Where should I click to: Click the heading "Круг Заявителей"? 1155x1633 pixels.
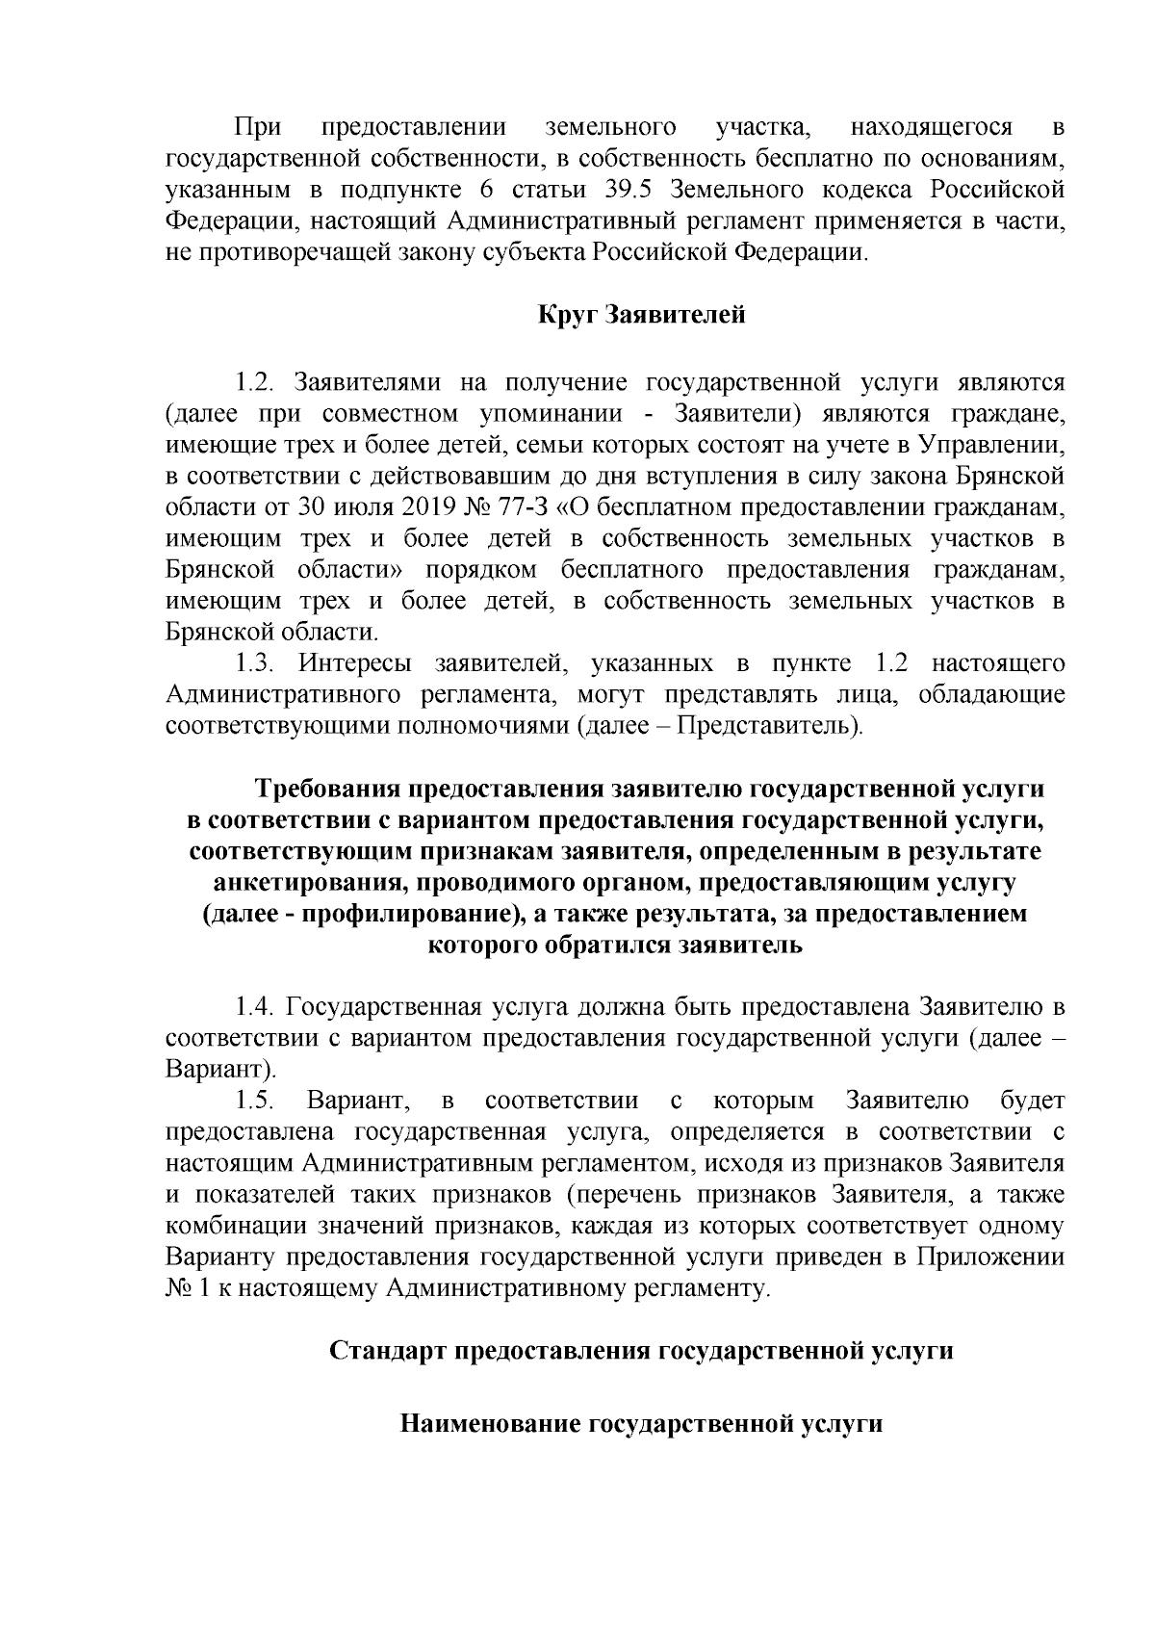pyautogui.click(x=641, y=315)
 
